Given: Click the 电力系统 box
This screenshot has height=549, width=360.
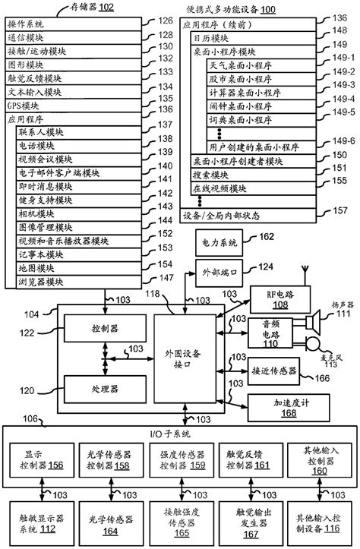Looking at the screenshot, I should coord(217,243).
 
